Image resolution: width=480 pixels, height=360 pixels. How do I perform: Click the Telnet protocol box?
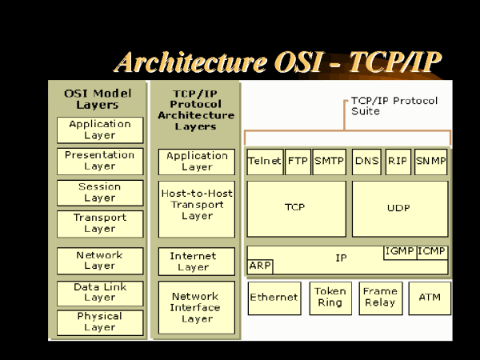pyautogui.click(x=265, y=162)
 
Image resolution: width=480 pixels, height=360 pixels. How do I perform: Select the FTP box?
pyautogui.click(x=298, y=162)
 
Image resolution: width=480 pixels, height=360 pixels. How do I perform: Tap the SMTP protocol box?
pyautogui.click(x=330, y=162)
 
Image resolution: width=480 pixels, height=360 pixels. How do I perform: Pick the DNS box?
pyautogui.click(x=366, y=162)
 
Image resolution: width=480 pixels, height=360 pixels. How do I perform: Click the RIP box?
pyautogui.click(x=398, y=162)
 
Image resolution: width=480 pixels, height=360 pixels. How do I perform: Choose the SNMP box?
pyautogui.click(x=430, y=162)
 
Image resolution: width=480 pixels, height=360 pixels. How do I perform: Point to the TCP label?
pyautogui.click(x=294, y=207)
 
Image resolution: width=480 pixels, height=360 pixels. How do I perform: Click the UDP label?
pyautogui.click(x=398, y=208)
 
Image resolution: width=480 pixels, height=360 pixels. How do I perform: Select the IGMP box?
pyautogui.click(x=400, y=253)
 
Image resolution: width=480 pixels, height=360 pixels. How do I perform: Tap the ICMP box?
pyautogui.click(x=432, y=253)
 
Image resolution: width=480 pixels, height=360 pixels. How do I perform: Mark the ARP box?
pyautogui.click(x=260, y=266)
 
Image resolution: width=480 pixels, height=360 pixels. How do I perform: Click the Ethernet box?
pyautogui.click(x=274, y=298)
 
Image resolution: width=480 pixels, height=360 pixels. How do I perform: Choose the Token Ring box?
pyautogui.click(x=330, y=298)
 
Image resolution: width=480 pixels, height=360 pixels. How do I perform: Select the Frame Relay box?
pyautogui.click(x=381, y=298)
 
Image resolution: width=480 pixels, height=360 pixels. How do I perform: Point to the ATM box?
pyautogui.click(x=430, y=298)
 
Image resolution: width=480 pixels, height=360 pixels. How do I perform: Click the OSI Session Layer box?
pyautogui.click(x=100, y=193)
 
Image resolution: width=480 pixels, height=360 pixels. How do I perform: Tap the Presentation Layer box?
pyautogui.click(x=100, y=162)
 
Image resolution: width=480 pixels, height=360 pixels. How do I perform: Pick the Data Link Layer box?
pyautogui.click(x=100, y=294)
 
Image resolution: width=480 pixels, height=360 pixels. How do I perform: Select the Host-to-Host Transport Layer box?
pyautogui.click(x=197, y=209)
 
